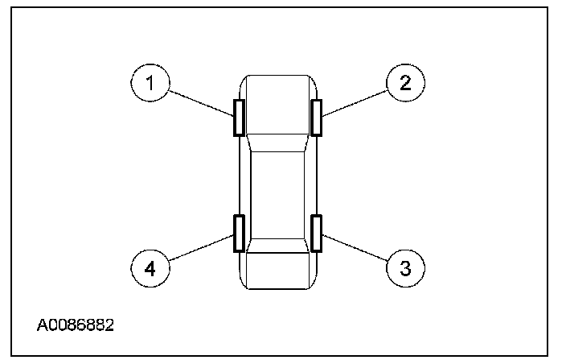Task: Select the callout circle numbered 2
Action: coord(406,83)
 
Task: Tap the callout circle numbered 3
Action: coord(406,267)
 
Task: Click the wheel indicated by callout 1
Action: coord(239,118)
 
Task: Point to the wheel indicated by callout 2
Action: coord(317,118)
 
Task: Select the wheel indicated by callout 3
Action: coord(317,234)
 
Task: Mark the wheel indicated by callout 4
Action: coord(239,234)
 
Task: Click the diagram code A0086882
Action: coord(76,325)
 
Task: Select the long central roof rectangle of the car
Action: coord(277,193)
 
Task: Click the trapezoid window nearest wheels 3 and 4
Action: coord(277,246)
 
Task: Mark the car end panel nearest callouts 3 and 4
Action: coord(277,272)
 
